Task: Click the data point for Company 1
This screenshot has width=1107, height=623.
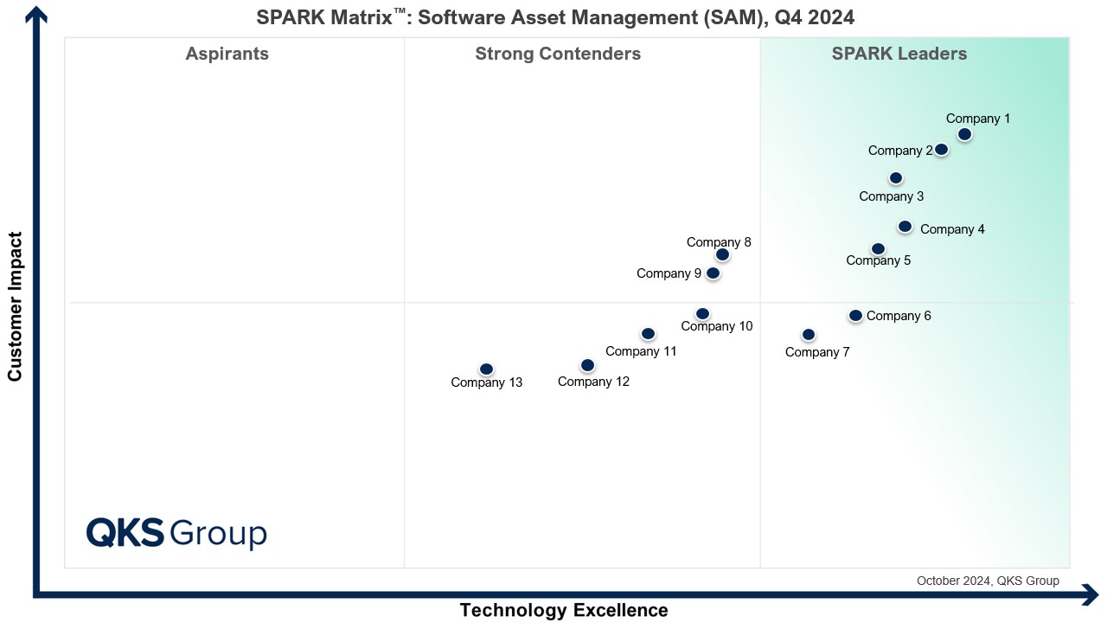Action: coord(964,134)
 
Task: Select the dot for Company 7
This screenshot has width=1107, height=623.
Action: coord(809,335)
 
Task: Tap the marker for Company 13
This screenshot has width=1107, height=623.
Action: coord(486,369)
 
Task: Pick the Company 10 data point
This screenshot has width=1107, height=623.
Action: coord(702,313)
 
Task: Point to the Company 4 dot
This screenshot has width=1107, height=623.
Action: coord(905,227)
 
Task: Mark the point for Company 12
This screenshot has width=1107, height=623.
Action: coord(587,365)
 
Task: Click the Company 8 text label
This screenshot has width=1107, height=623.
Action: coord(719,242)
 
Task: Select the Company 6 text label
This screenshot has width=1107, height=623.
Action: coord(899,316)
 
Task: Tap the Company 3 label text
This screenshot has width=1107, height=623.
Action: coord(892,196)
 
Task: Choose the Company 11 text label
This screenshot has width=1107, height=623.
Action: coord(641,351)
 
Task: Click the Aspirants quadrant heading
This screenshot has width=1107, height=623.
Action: coord(227,55)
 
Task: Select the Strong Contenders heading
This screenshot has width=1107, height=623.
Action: coord(558,55)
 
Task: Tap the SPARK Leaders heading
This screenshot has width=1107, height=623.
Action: coord(899,55)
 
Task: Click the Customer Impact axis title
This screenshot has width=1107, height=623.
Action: coord(15,306)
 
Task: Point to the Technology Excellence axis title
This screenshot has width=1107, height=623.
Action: coord(564,610)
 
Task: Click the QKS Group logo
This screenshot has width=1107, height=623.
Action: coord(176,533)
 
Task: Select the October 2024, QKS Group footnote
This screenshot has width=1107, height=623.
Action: coord(988,581)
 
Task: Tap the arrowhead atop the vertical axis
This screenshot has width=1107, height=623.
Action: coord(36,14)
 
